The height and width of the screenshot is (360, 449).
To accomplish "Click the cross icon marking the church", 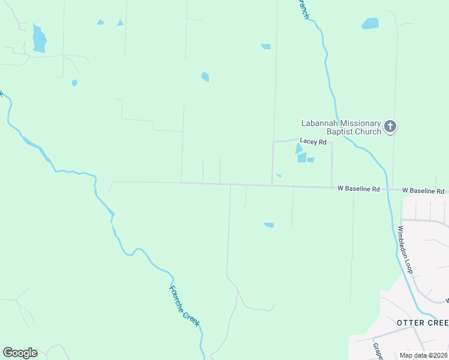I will (x=390, y=127).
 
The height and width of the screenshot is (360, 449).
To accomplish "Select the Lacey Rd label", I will (x=313, y=142).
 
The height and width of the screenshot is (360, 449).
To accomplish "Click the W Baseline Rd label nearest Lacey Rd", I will (x=358, y=189).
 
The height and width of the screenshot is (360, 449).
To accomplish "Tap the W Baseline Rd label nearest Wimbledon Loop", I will (x=423, y=191).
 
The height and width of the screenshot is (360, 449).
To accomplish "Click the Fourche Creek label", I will (x=184, y=305).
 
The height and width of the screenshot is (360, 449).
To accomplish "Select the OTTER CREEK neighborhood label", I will (x=423, y=323).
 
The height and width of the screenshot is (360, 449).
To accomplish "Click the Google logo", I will (x=20, y=353).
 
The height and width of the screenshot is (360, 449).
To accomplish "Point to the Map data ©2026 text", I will (x=423, y=355).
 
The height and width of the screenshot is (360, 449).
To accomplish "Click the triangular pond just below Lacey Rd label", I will (x=299, y=149).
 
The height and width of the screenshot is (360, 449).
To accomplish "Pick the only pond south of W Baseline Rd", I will (x=269, y=225).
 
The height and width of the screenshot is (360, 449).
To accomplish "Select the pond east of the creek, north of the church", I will (x=370, y=23).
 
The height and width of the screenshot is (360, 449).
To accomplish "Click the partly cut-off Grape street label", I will (x=377, y=351).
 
